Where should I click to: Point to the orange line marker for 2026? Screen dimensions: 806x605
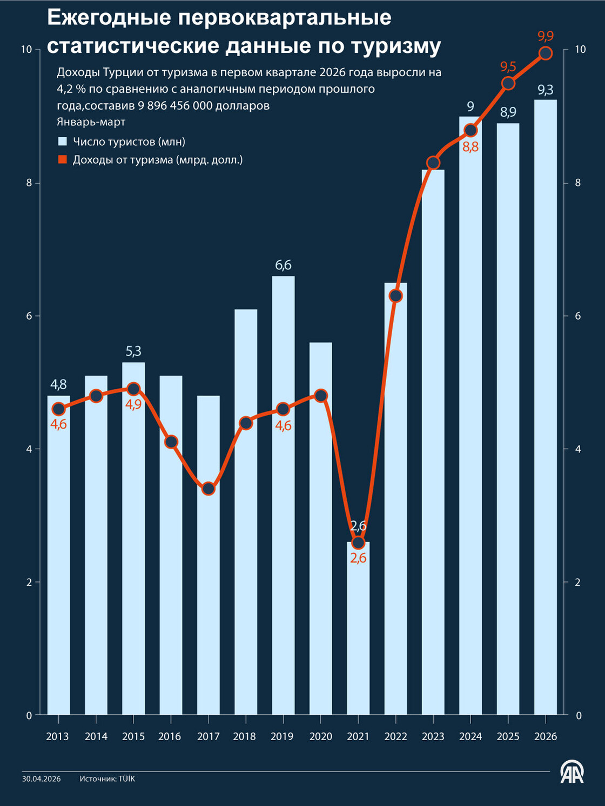[546, 53]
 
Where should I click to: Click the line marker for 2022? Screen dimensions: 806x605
[396, 296]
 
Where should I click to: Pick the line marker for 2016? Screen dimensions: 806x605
[171, 442]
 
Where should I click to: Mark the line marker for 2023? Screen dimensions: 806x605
[433, 163]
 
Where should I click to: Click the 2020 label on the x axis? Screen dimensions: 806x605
[321, 736]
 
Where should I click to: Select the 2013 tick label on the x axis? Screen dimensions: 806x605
[57, 736]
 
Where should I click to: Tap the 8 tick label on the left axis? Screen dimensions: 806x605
[29, 183]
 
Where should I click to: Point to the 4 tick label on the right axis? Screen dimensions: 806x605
[578, 449]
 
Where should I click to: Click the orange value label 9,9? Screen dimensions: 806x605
[546, 36]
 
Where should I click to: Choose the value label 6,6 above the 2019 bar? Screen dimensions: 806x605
[283, 265]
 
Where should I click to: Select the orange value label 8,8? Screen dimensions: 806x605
[470, 147]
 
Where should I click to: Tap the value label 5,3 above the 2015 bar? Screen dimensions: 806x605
[133, 351]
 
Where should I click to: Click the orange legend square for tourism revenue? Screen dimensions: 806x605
[63, 160]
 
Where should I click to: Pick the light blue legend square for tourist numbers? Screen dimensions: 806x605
[63, 142]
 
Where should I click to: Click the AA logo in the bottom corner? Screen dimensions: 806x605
[572, 773]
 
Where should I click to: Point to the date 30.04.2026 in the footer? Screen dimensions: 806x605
[42, 779]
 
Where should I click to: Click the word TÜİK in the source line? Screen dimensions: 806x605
[127, 779]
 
